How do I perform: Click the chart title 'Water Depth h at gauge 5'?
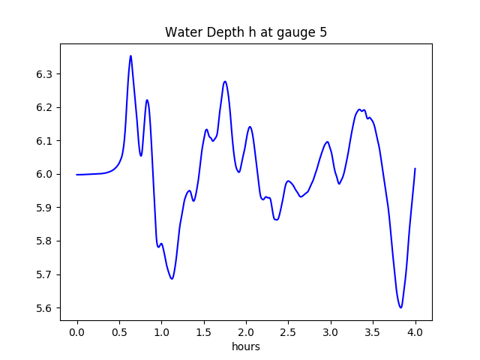(246, 33)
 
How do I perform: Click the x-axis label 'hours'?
(246, 347)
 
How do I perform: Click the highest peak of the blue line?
(130, 55)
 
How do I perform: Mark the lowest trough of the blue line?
(401, 307)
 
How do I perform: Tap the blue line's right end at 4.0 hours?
(415, 169)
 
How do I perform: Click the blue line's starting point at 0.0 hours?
(77, 175)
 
